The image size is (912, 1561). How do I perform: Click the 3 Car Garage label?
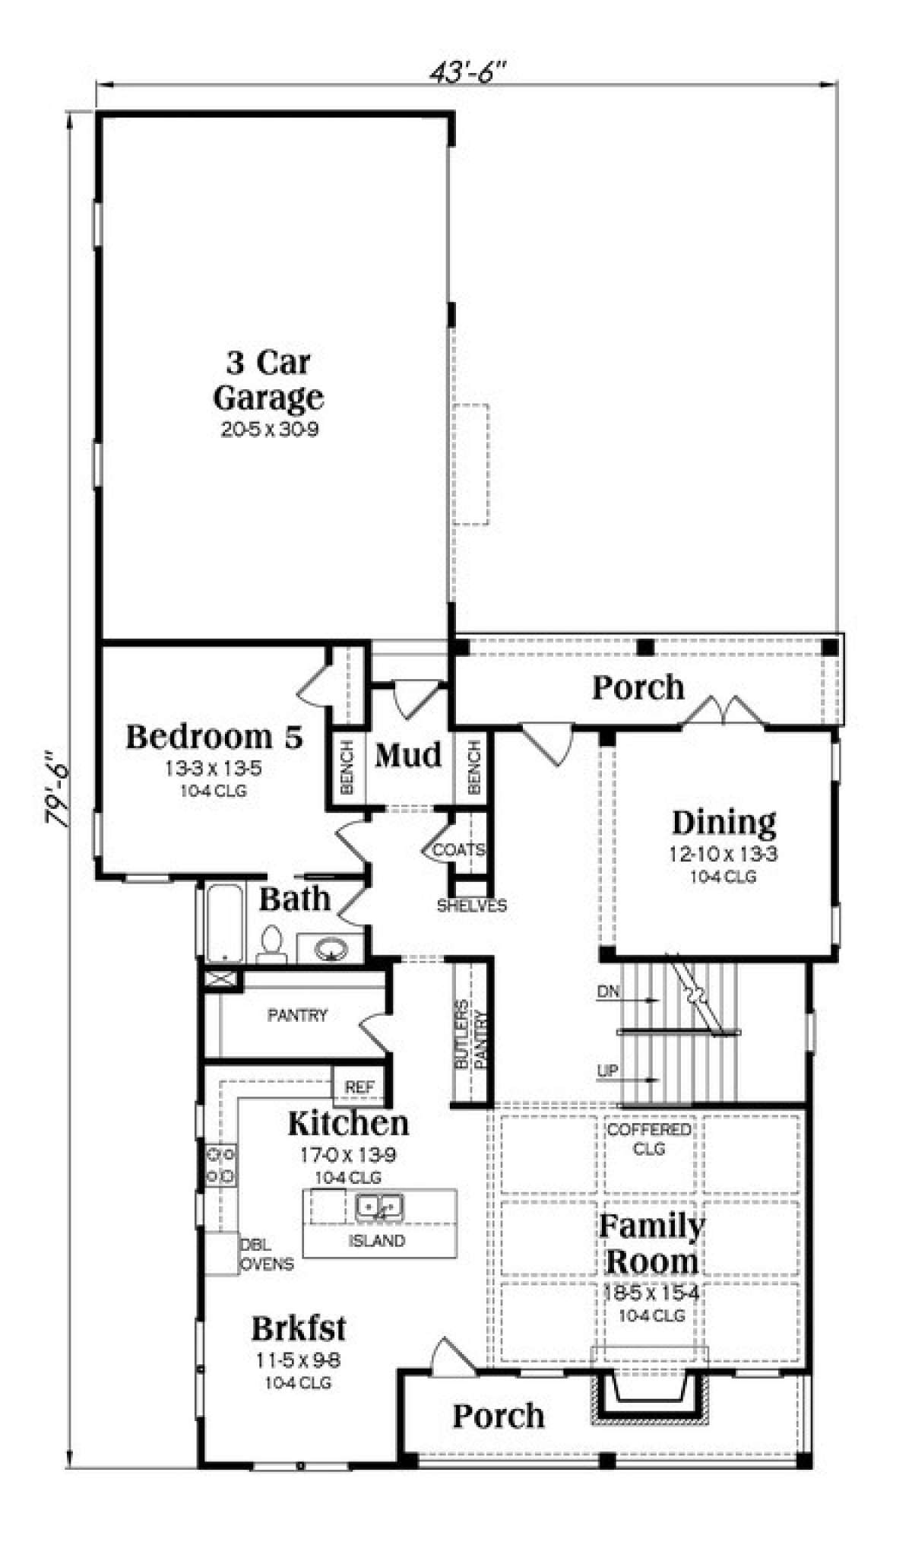pyautogui.click(x=268, y=379)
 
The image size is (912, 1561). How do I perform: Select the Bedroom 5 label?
pyautogui.click(x=214, y=736)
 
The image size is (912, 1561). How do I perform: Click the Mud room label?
pyautogui.click(x=408, y=755)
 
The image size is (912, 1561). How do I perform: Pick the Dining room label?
pyautogui.click(x=724, y=822)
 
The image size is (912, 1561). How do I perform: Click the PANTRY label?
pyautogui.click(x=297, y=1015)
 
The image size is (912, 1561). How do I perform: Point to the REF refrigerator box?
pyautogui.click(x=359, y=1087)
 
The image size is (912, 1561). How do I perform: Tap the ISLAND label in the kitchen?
pyautogui.click(x=377, y=1241)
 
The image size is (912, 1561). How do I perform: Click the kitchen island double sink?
pyautogui.click(x=378, y=1207)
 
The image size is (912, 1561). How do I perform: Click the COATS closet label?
pyautogui.click(x=459, y=849)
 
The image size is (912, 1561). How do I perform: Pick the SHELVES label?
pyautogui.click(x=471, y=906)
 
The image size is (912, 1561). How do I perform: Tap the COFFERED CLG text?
pyautogui.click(x=649, y=1139)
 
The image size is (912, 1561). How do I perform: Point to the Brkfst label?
pyautogui.click(x=299, y=1328)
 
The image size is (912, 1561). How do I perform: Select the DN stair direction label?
pyautogui.click(x=608, y=991)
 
